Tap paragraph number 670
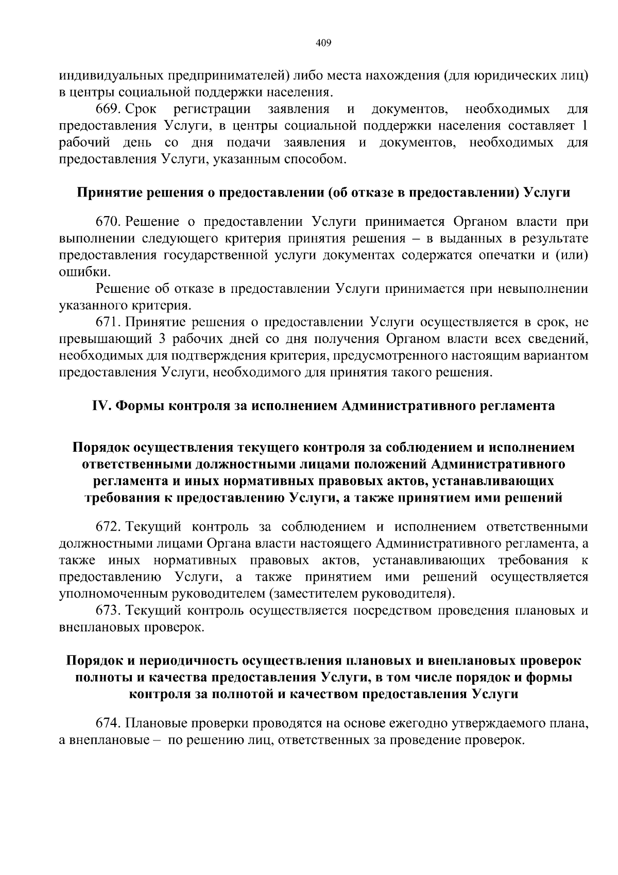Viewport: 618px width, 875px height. [108, 222]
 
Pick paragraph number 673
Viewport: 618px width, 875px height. [108, 611]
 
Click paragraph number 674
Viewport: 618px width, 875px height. [108, 723]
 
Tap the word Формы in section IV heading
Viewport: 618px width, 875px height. [136, 406]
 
